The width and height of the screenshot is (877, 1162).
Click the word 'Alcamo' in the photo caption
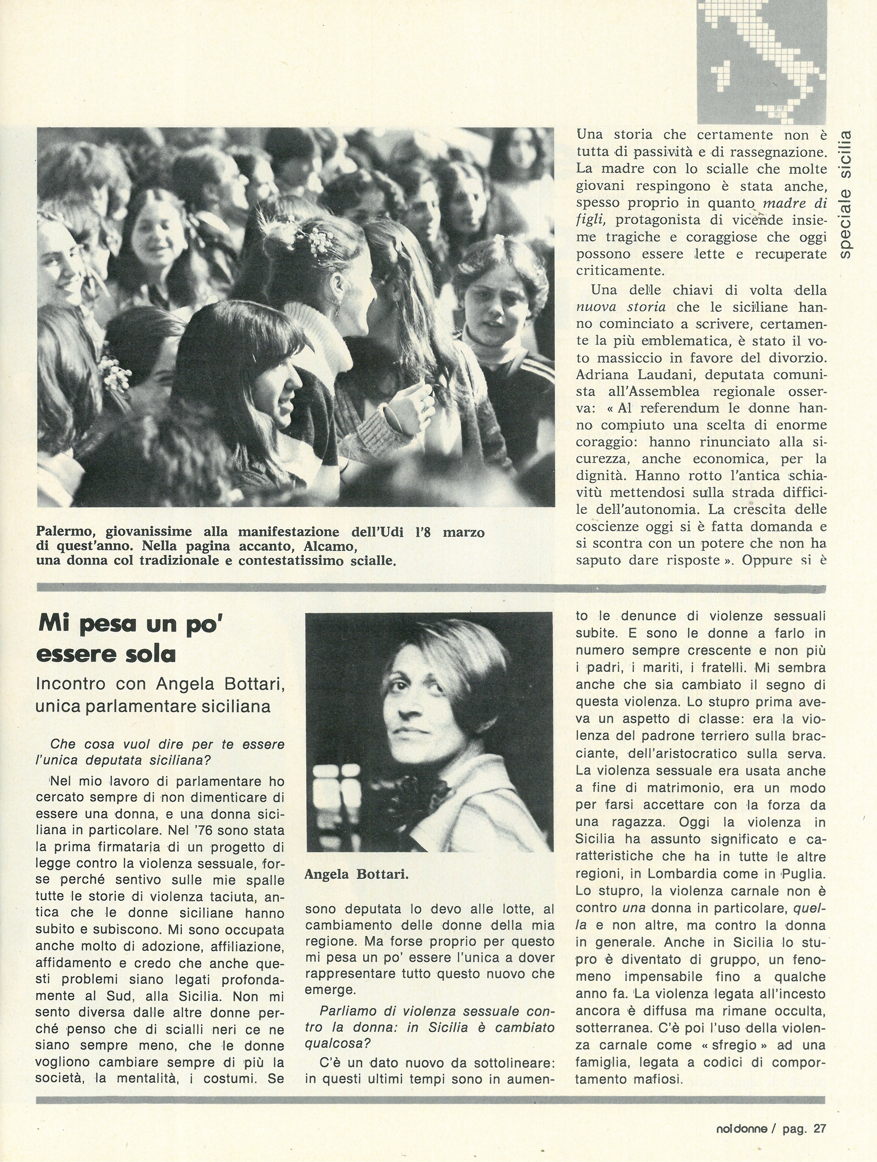pos(329,546)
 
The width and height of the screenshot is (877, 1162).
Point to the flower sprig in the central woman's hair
pos(319,242)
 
